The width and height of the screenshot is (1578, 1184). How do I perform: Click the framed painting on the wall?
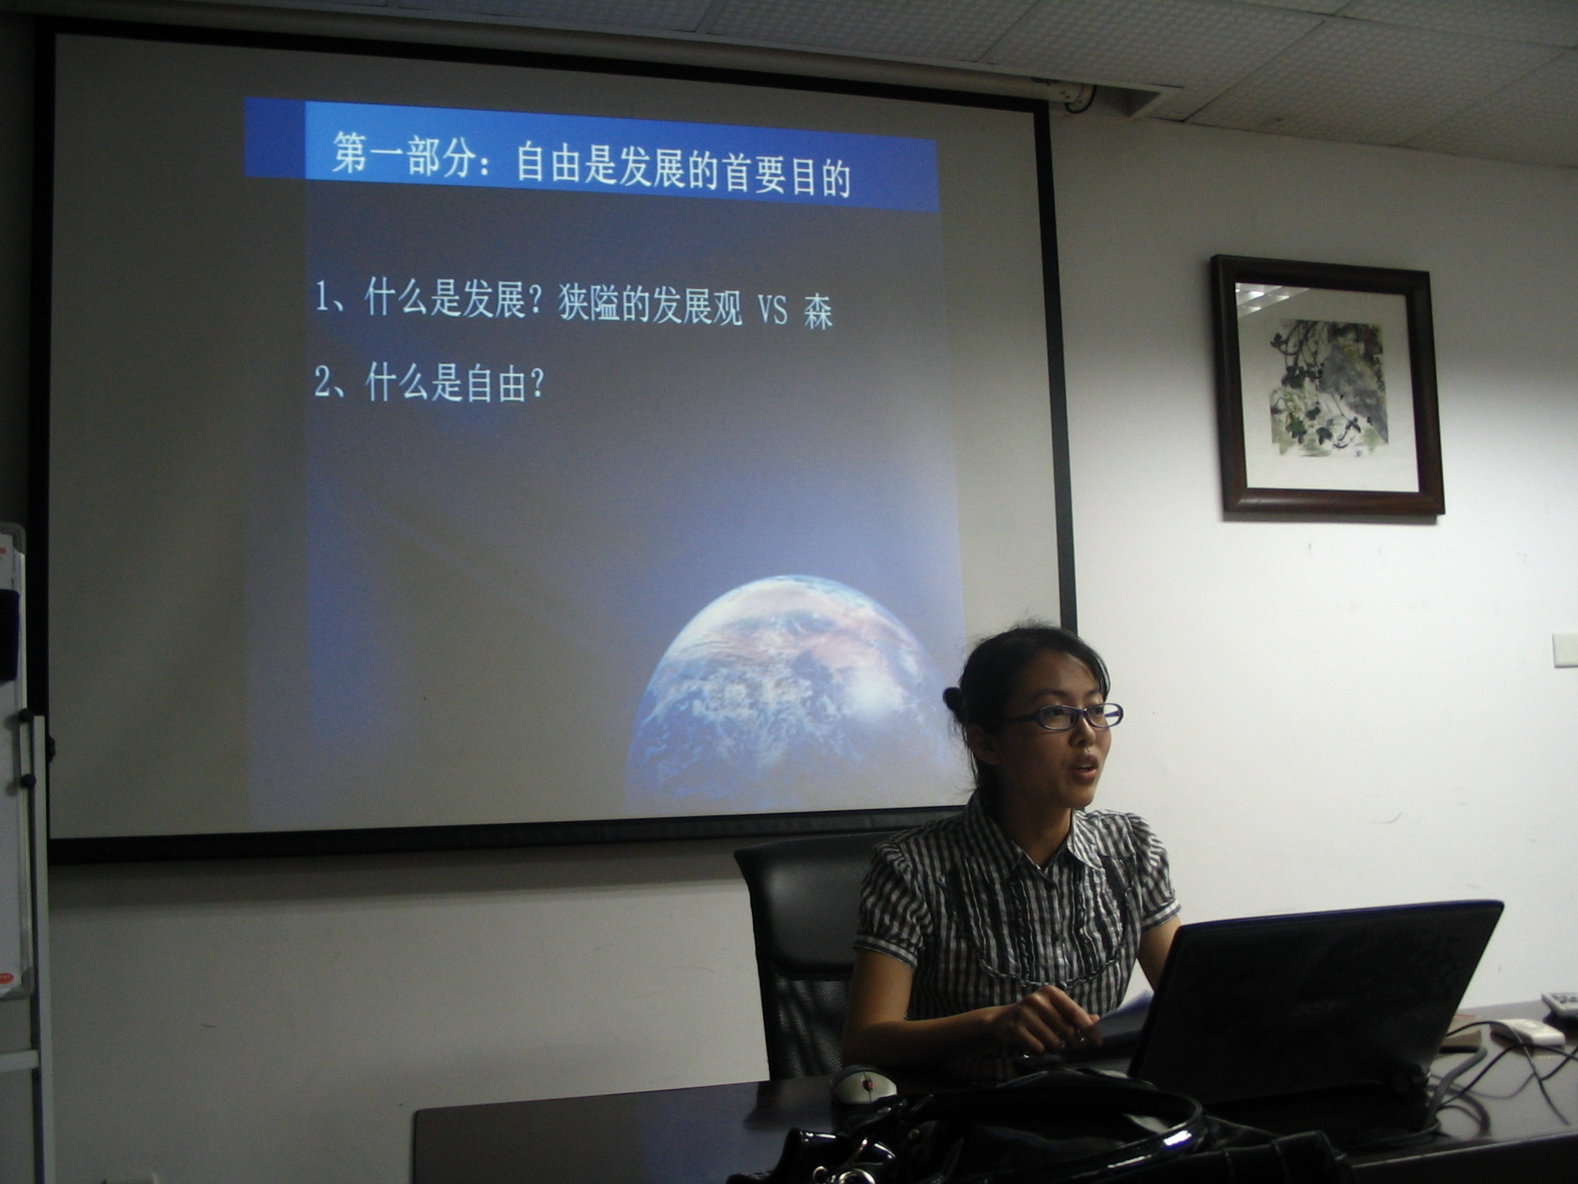click(x=1326, y=385)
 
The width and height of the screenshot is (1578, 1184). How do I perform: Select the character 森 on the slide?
click(x=818, y=312)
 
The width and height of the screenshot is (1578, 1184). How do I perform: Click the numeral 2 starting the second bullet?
click(x=323, y=382)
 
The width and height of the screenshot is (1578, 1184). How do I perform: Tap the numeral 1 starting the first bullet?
click(x=322, y=297)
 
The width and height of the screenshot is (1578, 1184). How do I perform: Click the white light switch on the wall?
click(x=1565, y=649)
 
